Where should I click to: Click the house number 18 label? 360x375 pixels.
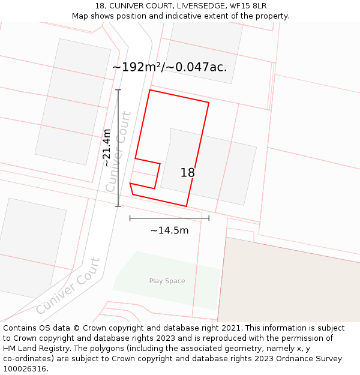click(188, 173)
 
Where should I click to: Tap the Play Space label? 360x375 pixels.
click(167, 281)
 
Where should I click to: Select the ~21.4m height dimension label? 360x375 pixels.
click(107, 148)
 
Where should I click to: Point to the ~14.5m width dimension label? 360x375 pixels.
click(169, 230)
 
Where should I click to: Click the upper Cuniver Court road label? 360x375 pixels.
click(118, 152)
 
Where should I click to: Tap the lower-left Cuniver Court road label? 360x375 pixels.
click(68, 286)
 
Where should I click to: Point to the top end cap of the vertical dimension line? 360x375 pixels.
click(118, 90)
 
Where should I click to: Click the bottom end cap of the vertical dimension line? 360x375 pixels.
click(118, 206)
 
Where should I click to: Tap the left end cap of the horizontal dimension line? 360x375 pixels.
click(130, 218)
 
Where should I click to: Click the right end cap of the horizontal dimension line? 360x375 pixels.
click(209, 218)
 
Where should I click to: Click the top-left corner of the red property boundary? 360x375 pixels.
click(149, 90)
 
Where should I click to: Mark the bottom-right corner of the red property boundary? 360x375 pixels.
click(186, 206)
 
